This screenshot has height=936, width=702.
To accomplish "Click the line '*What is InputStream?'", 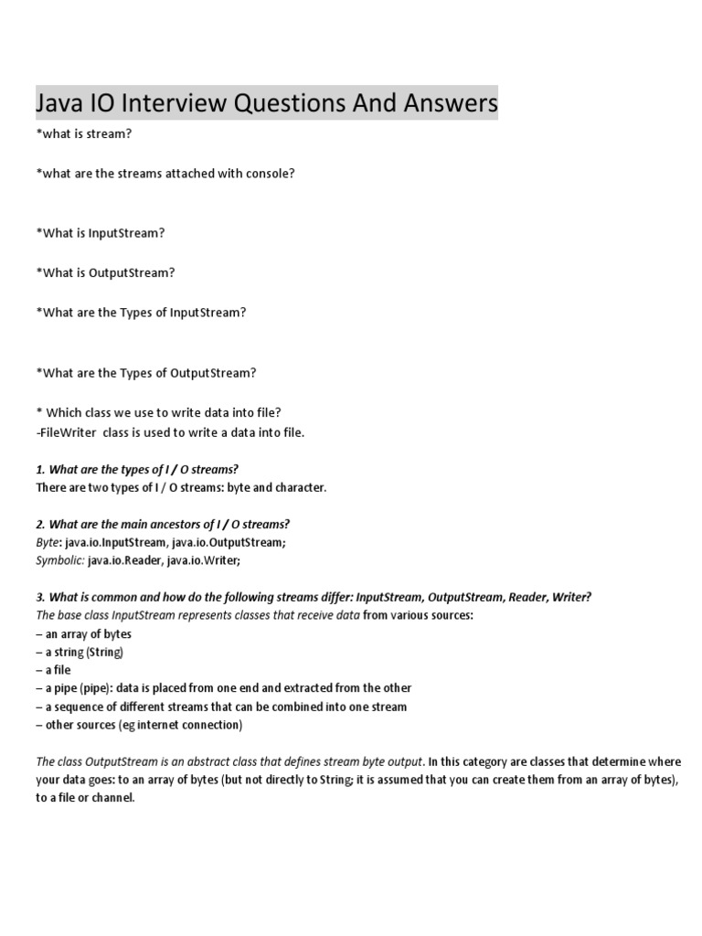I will [101, 233].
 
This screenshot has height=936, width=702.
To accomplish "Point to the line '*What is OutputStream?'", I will [105, 272].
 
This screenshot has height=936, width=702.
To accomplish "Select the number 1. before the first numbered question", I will [40, 470].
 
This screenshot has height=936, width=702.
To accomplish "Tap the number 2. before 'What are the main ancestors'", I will [40, 524].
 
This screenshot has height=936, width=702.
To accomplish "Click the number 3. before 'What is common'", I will [40, 597].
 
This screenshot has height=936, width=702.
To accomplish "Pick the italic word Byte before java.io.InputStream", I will [48, 542].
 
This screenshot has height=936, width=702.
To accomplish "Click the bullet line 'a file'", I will [57, 670].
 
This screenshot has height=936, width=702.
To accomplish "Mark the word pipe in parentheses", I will [94, 688].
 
